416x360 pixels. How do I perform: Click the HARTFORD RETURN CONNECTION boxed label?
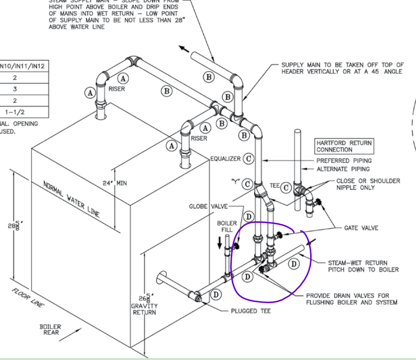pos(344,146)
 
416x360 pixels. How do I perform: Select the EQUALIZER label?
pos(225,159)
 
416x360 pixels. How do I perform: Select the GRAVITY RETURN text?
pos(145,309)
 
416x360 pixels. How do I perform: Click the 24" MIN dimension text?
pos(114,183)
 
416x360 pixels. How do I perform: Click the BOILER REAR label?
pos(51,330)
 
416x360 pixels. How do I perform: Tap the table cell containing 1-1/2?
pos(15,112)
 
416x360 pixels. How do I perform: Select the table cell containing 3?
pos(15,89)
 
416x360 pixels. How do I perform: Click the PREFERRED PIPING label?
pos(344,160)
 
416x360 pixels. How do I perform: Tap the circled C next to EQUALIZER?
pos(248,159)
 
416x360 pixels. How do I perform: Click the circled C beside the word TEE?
pos(285,186)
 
